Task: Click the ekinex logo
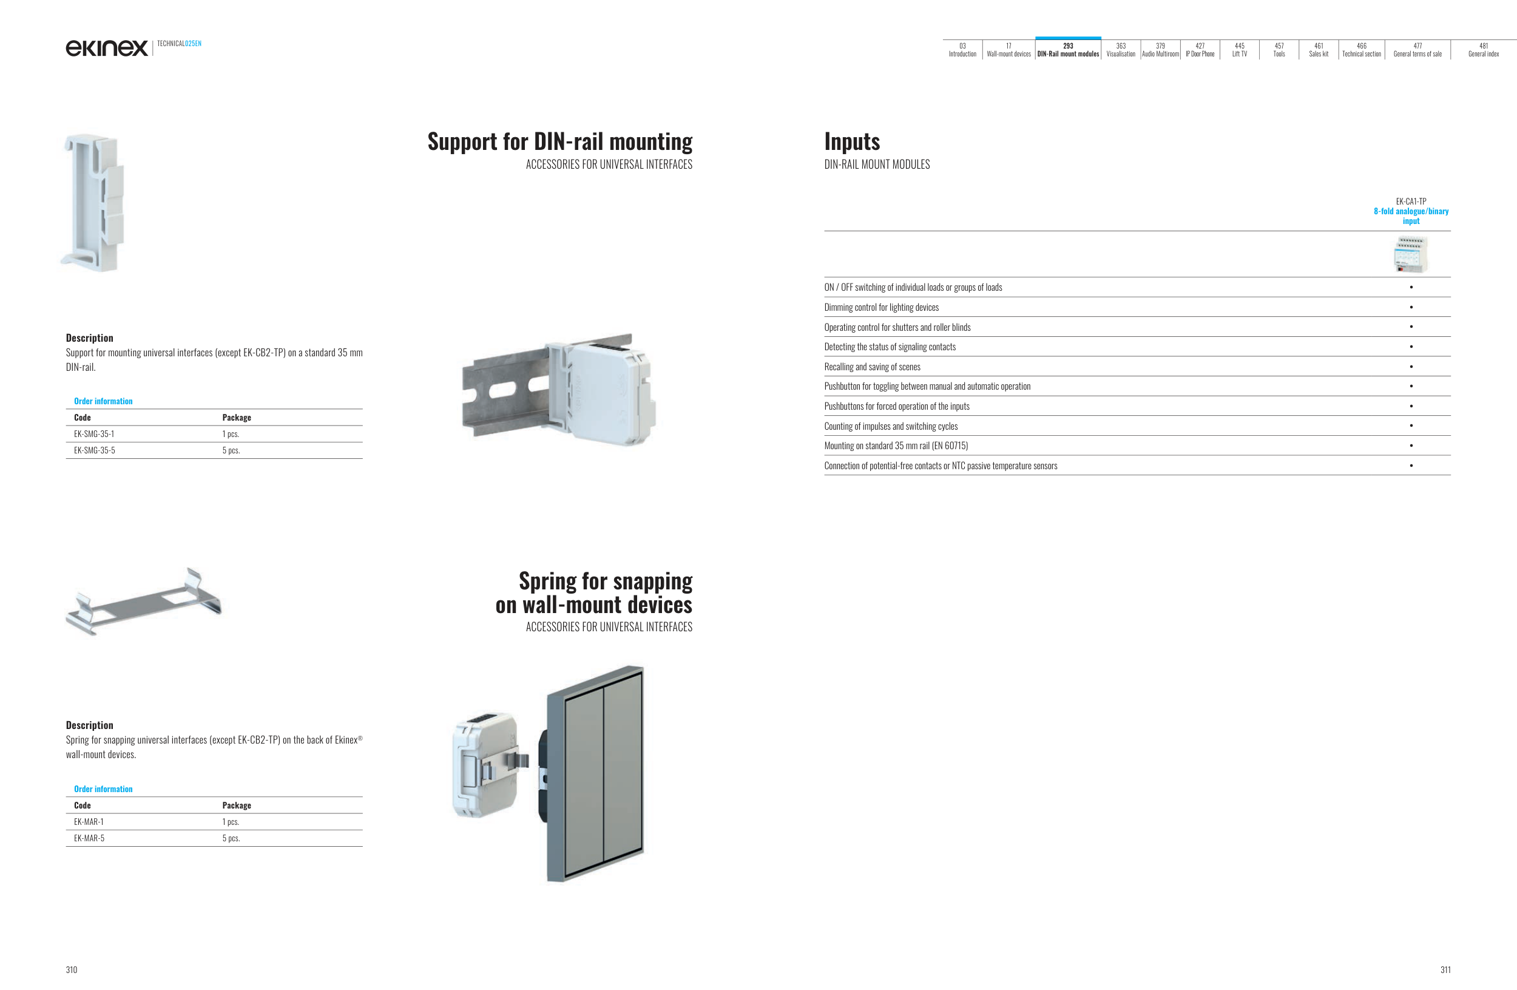click(106, 48)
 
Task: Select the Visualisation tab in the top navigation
click(1121, 50)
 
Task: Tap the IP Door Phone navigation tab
click(1200, 50)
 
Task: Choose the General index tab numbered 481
click(1483, 50)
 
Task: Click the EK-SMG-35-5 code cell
click(94, 450)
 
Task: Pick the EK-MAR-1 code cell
click(89, 822)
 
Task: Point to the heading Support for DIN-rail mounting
click(559, 141)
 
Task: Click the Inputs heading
click(851, 141)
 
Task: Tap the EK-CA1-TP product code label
click(1411, 202)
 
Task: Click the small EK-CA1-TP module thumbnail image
click(1411, 254)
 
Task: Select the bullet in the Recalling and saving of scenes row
click(1411, 367)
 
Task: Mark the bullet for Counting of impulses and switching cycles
click(1411, 426)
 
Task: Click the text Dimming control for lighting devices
click(881, 307)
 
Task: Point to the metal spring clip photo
click(144, 602)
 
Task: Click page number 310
click(72, 969)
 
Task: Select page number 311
click(1445, 969)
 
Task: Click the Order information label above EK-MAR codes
click(103, 788)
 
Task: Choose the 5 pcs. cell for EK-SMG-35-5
click(231, 450)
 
